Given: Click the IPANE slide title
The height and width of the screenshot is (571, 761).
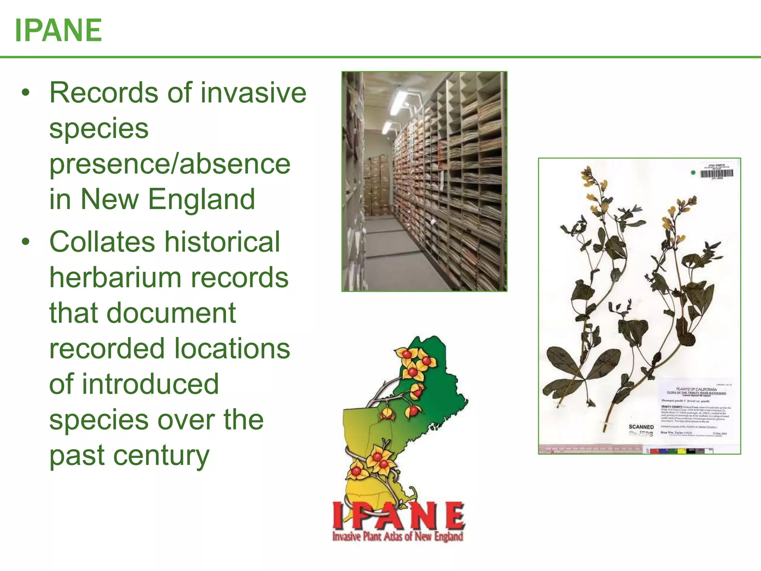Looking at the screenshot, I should tap(58, 30).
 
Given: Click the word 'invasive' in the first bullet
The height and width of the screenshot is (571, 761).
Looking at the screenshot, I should tap(253, 93).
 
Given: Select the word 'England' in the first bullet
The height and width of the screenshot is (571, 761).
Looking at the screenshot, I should tap(201, 199).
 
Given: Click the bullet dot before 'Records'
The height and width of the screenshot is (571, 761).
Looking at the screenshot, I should tap(25, 93).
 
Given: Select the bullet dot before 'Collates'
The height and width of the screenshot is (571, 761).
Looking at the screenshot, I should tap(25, 242).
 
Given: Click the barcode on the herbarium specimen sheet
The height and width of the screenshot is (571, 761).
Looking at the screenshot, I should tap(716, 173).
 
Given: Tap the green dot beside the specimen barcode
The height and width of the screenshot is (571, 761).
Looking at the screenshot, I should tap(693, 172).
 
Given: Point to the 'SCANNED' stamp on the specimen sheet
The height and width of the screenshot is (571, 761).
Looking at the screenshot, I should tap(641, 427).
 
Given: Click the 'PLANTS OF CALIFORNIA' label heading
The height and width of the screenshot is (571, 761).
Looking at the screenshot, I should tap(696, 389).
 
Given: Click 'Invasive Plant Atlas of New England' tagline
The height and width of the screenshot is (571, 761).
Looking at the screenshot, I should tap(398, 536).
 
